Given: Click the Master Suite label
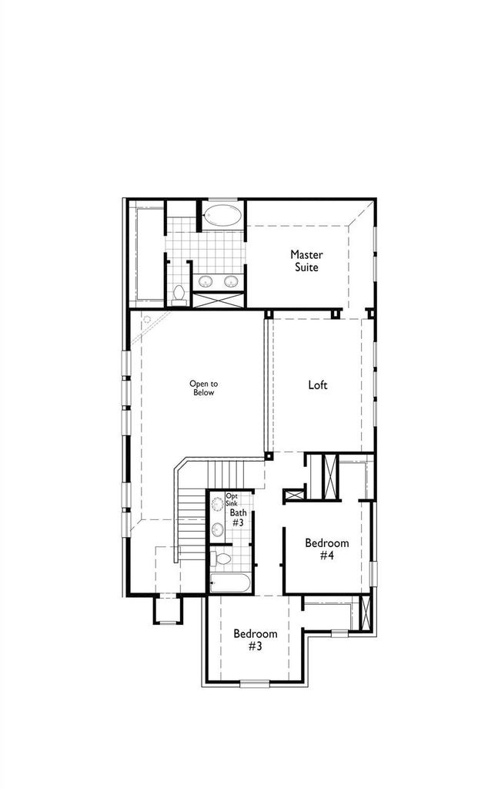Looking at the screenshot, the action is coord(306,260).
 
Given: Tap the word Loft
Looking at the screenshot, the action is coord(318,385).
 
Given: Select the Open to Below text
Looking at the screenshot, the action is coord(203,388).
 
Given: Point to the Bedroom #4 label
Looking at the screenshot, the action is coord(326,549).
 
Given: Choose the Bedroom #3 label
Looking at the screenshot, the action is coord(256,640).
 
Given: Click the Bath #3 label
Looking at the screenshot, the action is coord(238,518).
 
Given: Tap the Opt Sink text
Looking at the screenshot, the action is coord(232,499).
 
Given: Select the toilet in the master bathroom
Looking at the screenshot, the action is coord(179,295).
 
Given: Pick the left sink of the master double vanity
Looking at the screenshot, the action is coord(206,280).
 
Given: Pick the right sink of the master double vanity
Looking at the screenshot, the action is coord(231,280).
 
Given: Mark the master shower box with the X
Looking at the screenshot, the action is coord(219,300).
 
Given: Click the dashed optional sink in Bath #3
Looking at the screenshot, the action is coord(218,504).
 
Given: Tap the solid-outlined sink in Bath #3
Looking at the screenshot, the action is coord(218,529).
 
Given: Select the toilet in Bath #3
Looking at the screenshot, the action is coord(220,559).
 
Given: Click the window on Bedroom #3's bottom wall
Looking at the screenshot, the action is coord(255,683).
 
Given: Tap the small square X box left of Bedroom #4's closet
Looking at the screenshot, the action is coord(295,495).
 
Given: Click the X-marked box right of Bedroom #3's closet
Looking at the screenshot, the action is coord(366,612).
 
